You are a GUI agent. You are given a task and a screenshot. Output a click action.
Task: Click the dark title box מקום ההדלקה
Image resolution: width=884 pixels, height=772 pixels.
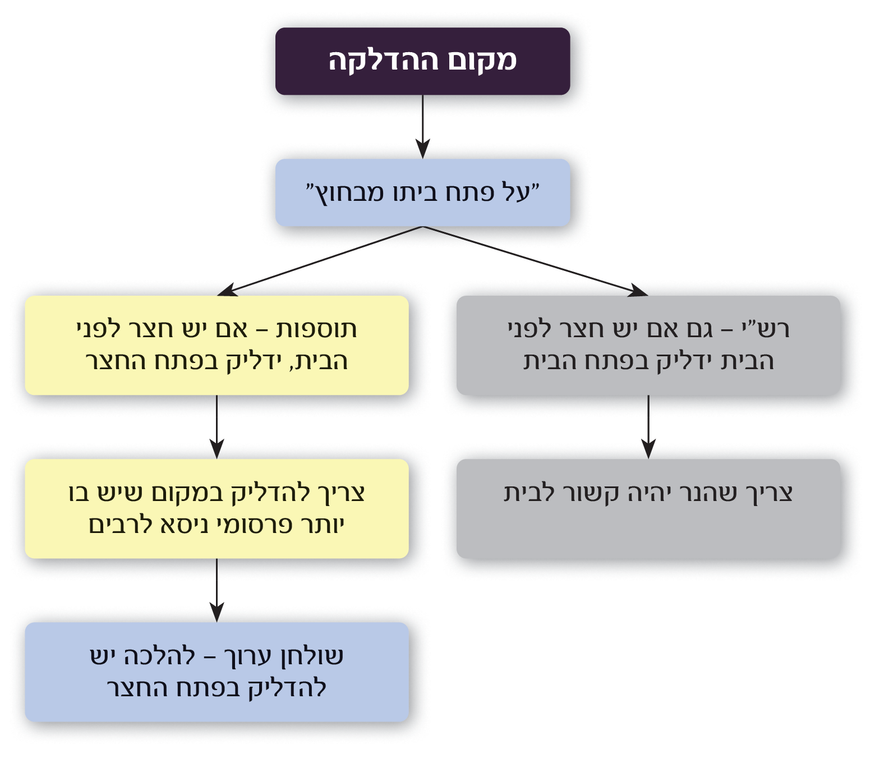pyautogui.click(x=422, y=61)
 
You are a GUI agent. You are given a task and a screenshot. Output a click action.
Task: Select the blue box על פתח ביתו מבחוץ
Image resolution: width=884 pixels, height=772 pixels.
pyautogui.click(x=422, y=193)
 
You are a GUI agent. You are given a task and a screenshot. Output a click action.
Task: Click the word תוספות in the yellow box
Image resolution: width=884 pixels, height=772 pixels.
pyautogui.click(x=316, y=329)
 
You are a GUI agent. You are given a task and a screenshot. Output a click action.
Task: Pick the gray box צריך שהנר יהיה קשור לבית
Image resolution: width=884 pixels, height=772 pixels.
pyautogui.click(x=648, y=508)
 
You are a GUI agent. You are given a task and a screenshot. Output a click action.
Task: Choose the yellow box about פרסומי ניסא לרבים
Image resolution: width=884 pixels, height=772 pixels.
pyautogui.click(x=217, y=508)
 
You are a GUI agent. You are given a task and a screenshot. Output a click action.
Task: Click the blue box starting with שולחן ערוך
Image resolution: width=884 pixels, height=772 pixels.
pyautogui.click(x=217, y=672)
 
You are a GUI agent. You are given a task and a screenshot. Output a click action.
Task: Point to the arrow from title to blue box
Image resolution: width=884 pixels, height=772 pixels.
pyautogui.click(x=422, y=127)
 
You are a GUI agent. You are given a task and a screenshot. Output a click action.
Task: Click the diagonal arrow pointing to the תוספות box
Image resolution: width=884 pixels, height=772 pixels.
pyautogui.click(x=320, y=261)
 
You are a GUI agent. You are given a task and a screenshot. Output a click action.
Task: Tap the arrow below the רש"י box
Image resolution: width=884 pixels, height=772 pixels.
pyautogui.click(x=648, y=426)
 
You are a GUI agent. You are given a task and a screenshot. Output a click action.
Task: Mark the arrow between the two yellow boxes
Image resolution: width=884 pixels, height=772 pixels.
pyautogui.click(x=217, y=426)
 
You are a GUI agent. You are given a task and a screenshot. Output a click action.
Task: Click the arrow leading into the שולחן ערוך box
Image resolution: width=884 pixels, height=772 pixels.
pyautogui.click(x=217, y=590)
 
